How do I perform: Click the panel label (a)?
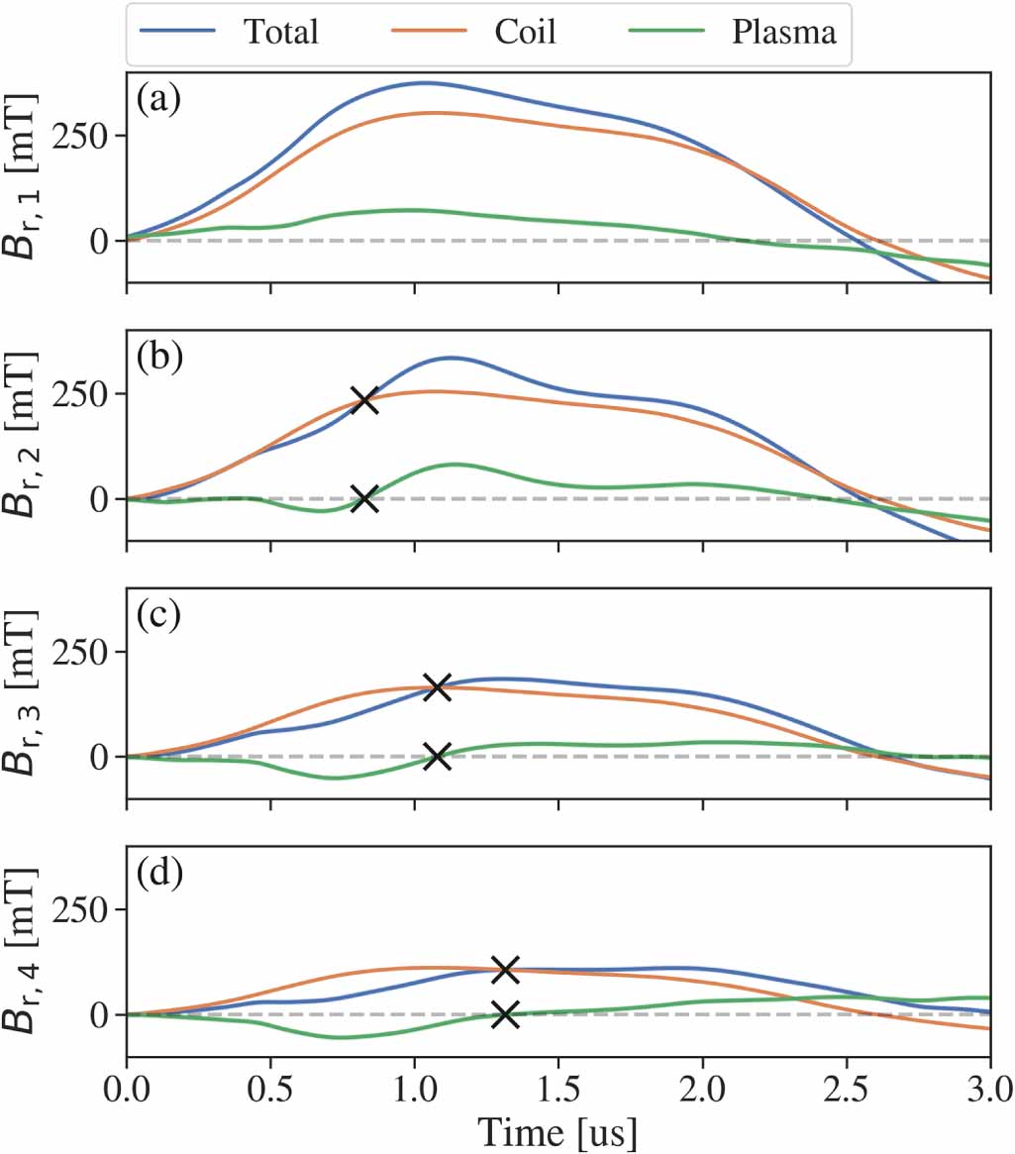pos(159,99)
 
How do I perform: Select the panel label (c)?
pos(159,615)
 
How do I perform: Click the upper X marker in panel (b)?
pos(364,400)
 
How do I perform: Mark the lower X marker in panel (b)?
pos(364,498)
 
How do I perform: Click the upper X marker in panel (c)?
pos(437,686)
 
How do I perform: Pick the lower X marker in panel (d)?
pos(505,1013)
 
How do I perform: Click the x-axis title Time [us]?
pos(558,1130)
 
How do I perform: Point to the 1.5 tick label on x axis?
pos(558,1093)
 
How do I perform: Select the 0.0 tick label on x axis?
pos(127,1093)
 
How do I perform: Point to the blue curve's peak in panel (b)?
pos(451,357)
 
